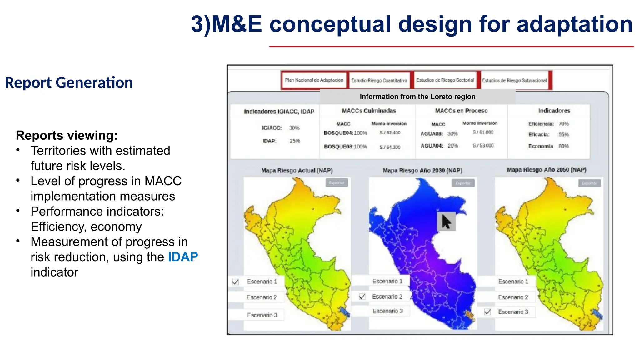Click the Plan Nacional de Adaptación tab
314,80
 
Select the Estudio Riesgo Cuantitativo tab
379,81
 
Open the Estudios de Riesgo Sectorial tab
445,80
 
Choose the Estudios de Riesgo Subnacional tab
514,81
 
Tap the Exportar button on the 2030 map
463,183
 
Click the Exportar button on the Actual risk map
337,183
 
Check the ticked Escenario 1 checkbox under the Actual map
236,282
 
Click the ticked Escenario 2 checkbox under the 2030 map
362,297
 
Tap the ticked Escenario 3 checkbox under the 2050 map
487,312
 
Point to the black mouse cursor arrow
446,222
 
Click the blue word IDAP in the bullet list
183,257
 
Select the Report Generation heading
69,83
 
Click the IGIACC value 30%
294,128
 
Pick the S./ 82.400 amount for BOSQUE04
390,133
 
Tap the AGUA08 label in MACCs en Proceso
432,134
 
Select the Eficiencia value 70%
563,124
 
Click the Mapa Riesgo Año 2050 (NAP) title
547,170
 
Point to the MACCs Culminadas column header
369,111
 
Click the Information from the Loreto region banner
417,97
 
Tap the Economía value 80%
563,146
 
